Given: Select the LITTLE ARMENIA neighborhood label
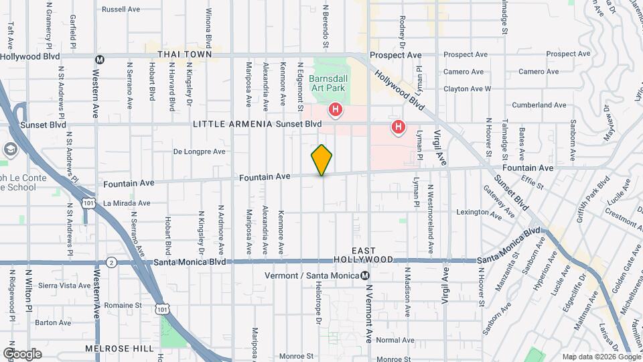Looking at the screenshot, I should click(x=232, y=124).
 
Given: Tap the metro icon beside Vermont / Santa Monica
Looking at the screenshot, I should click(x=364, y=276).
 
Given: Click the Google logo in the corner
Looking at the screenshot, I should click(x=21, y=353).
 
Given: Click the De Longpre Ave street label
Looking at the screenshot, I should click(x=200, y=152).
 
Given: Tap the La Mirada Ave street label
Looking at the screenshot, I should click(x=127, y=203).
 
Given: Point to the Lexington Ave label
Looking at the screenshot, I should click(x=478, y=212).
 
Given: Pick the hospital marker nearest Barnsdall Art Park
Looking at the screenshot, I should click(x=335, y=109).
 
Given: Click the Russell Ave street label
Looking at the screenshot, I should click(x=121, y=9).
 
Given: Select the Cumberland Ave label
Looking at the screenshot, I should click(x=539, y=105).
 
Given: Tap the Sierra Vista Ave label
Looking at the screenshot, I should click(x=46, y=285).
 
